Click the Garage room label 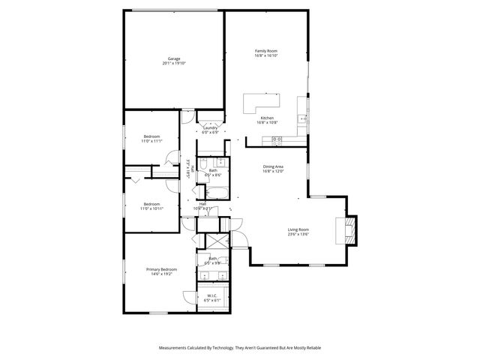tap(174, 58)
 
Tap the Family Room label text tap(266, 49)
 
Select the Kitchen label tap(266, 118)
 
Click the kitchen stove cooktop tap(277, 139)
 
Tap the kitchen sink tap(302, 118)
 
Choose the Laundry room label tap(211, 127)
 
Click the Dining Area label tap(272, 166)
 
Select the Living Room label tap(298, 229)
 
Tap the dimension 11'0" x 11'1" tap(152, 141)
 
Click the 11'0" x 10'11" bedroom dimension tap(152, 208)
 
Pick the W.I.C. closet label tap(212, 295)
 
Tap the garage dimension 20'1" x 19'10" tap(174, 63)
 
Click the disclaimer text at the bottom tap(240, 348)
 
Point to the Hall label tap(202, 203)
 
